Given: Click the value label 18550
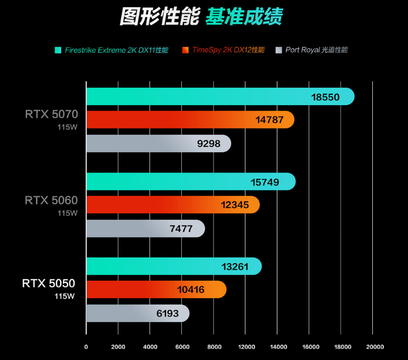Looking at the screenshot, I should [x=325, y=97].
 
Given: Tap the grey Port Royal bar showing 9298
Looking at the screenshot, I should [x=158, y=144].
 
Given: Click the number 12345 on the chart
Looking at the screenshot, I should [x=235, y=205].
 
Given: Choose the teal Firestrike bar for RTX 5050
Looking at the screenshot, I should [x=173, y=266].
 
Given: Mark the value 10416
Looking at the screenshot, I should [x=191, y=289].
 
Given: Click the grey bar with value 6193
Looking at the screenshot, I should [x=138, y=313].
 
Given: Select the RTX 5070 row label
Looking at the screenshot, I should [x=51, y=114].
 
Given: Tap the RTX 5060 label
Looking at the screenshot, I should [x=51, y=200].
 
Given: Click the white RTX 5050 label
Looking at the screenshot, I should [x=48, y=283].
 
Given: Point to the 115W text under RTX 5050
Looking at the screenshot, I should [x=64, y=296].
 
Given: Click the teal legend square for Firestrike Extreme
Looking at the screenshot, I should [x=58, y=50].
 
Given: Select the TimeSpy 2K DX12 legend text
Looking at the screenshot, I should [x=228, y=50].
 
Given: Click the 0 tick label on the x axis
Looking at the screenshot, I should [x=86, y=347].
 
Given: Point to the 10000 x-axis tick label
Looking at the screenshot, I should [x=245, y=347].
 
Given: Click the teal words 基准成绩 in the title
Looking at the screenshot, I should [x=244, y=17].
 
